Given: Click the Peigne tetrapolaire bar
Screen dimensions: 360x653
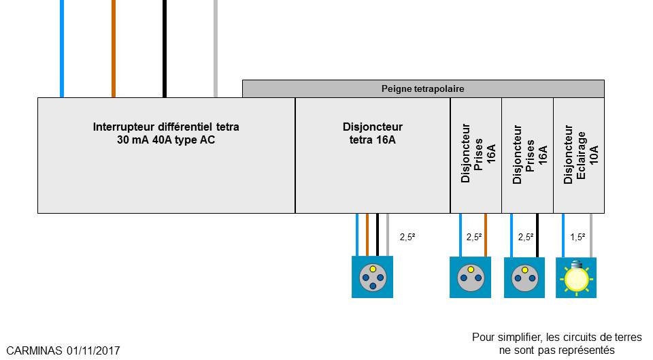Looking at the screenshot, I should (x=422, y=88).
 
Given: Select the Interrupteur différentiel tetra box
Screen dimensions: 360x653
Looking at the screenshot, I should (x=166, y=170).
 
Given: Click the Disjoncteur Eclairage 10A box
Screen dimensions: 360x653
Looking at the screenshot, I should (x=578, y=155).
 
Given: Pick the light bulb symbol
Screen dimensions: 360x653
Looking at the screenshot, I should (x=576, y=278).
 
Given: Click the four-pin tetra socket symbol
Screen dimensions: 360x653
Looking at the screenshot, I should (x=372, y=277).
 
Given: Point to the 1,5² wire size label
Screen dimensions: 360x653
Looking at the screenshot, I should (x=577, y=238).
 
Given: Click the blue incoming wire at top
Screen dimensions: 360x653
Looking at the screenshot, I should (x=62, y=48).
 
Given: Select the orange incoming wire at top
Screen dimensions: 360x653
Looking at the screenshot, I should (x=114, y=48).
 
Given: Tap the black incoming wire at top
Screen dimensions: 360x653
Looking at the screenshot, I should (x=164, y=48).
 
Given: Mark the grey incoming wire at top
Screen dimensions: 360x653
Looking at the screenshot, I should (x=216, y=48).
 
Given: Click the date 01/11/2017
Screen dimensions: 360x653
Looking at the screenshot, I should (x=94, y=350).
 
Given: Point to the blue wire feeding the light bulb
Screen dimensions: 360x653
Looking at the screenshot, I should (x=563, y=235).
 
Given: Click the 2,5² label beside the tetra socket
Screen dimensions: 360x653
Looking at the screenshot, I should (x=407, y=238).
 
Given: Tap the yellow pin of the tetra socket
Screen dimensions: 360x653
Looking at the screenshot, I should (x=373, y=269).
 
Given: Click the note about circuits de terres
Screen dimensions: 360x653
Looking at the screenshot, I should (x=556, y=344).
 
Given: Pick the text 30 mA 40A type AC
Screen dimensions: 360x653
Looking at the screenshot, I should (x=166, y=140).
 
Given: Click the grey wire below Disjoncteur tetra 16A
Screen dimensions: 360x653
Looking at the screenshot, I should (x=387, y=235).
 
